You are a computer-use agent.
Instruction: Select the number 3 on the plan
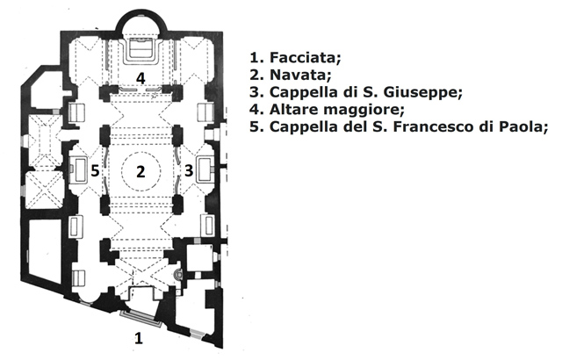(188, 170)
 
